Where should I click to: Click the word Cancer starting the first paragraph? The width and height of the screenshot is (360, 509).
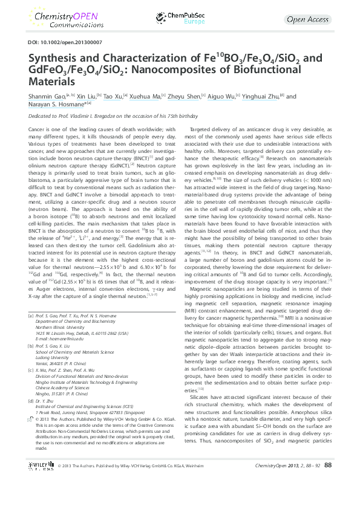coord(36,130)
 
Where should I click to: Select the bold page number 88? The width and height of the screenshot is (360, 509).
coord(328,499)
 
